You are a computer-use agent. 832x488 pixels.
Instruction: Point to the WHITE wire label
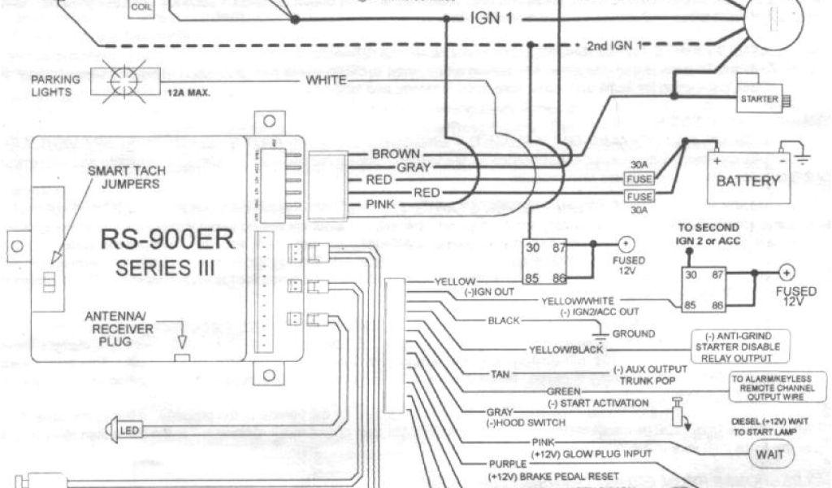click(x=327, y=81)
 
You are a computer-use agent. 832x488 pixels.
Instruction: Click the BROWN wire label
click(x=396, y=154)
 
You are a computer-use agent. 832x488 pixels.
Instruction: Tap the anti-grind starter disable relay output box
click(x=742, y=345)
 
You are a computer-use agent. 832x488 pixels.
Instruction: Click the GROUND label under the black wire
click(x=634, y=333)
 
